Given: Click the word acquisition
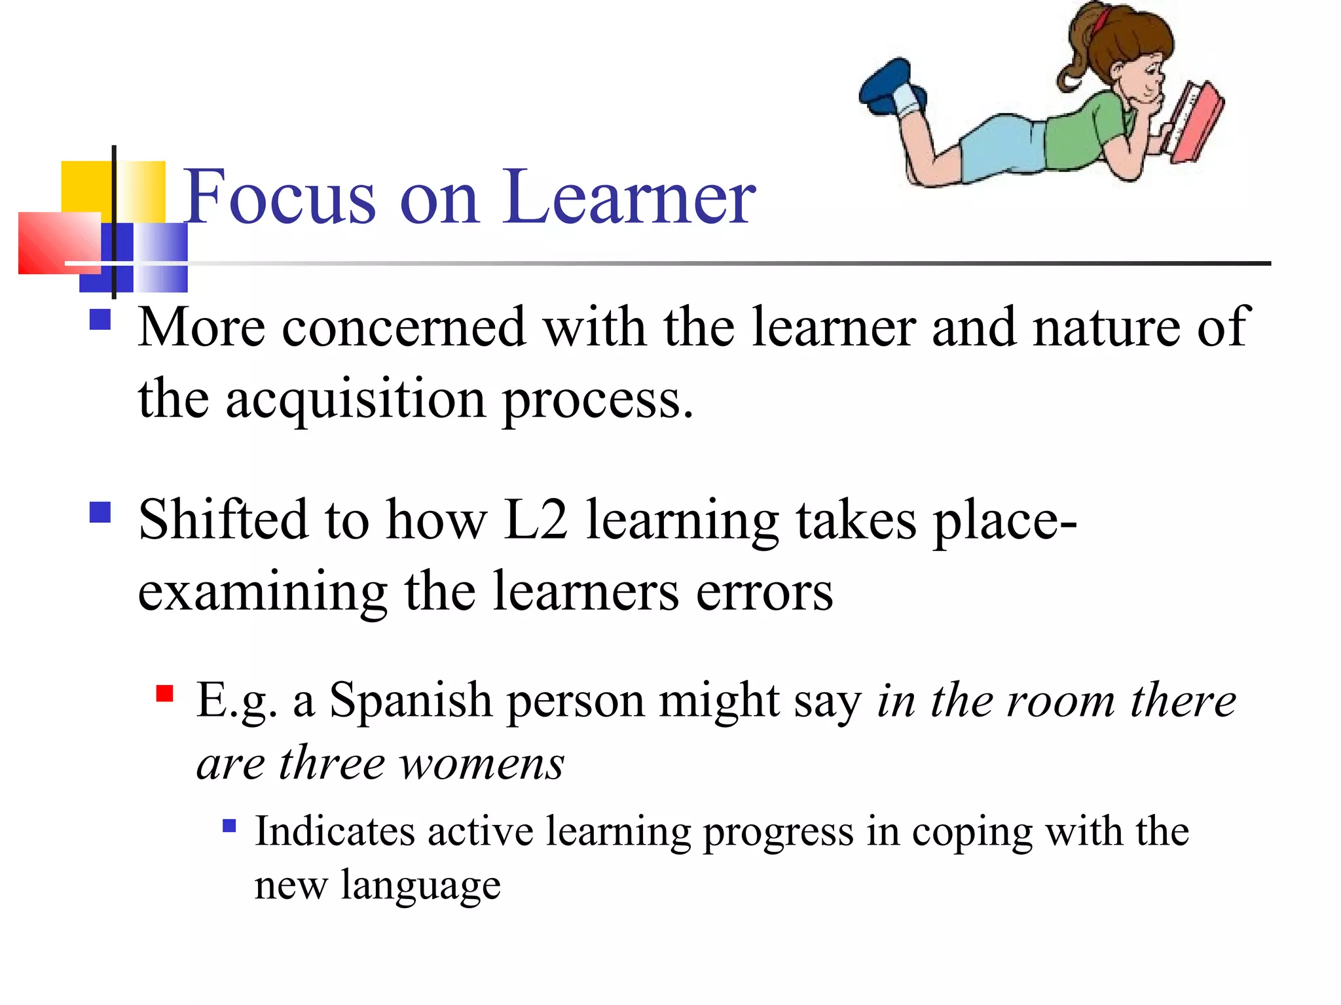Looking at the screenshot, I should click(x=356, y=400).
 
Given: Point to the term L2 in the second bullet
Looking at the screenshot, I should click(x=535, y=520).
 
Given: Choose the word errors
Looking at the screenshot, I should click(x=764, y=591).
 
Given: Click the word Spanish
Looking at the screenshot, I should click(x=411, y=701).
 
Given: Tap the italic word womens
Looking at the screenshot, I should click(x=482, y=764).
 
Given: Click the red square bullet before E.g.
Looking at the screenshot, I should click(x=165, y=693).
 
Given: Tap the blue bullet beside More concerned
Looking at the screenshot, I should click(x=100, y=319).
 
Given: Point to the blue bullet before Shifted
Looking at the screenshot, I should click(x=100, y=512).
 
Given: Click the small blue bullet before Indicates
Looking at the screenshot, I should click(x=229, y=825).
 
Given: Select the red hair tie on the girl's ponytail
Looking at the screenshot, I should click(x=1101, y=19).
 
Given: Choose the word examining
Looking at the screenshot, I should click(x=263, y=591).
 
